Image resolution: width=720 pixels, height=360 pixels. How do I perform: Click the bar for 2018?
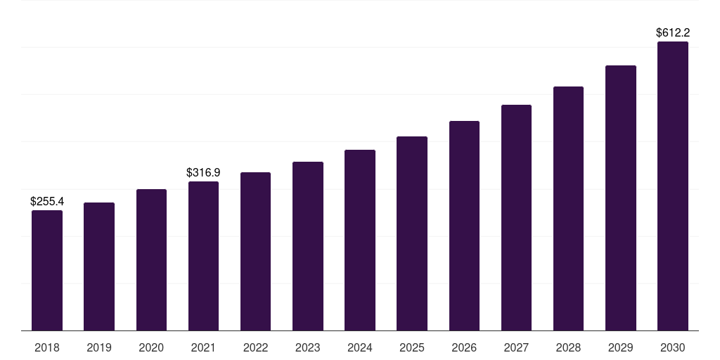pos(47,271)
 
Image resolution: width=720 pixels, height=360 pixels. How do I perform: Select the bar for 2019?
pos(99,266)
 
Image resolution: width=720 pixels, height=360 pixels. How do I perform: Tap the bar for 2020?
pos(151,260)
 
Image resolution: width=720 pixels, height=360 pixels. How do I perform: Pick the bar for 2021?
pos(203,256)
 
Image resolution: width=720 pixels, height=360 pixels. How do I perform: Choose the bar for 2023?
pos(308,246)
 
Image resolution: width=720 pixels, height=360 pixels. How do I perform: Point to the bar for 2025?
pos(412,233)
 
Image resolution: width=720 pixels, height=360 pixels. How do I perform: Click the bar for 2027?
pos(516,218)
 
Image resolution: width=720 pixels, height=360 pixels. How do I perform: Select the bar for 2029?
pos(620,198)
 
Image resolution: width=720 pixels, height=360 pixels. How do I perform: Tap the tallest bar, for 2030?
pos(673,186)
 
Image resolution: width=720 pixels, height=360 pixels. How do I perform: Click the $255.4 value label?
pos(47,201)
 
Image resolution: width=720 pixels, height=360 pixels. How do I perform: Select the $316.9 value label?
pos(203,172)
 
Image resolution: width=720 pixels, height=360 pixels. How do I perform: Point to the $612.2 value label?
pos(673,32)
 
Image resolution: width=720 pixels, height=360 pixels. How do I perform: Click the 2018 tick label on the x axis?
pos(47,347)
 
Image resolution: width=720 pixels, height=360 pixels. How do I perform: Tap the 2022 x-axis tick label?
pos(255,347)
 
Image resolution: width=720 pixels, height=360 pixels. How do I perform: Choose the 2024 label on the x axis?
pos(360,347)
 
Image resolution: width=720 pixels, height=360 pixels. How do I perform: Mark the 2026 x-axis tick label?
pos(464,347)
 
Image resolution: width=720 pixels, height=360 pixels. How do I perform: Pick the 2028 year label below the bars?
pos(568,347)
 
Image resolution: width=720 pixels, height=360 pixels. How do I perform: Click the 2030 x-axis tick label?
pos(673,347)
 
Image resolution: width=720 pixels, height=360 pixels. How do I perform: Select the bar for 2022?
pos(255,252)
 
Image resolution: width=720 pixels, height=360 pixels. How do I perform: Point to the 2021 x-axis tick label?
pos(203,347)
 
